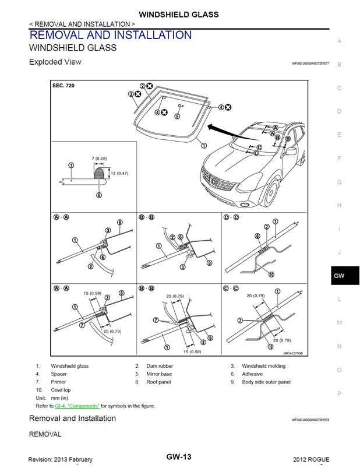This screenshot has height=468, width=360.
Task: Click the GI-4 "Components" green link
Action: point(77,406)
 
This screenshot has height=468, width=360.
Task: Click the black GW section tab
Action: point(339,276)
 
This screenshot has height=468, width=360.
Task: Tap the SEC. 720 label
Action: point(63,86)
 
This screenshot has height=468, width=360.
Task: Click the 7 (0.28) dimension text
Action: point(100,159)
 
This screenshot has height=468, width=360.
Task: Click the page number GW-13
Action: point(179,457)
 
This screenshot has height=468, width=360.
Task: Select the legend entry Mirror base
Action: point(158,374)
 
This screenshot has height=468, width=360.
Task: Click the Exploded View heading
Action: point(55,62)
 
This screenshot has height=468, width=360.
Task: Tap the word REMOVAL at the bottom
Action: point(45,434)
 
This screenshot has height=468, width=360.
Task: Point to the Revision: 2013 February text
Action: point(61,460)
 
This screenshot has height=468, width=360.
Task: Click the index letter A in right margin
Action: point(339,41)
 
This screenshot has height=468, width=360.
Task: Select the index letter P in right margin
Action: point(339,393)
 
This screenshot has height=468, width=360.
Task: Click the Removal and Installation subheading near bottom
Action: point(72,418)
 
